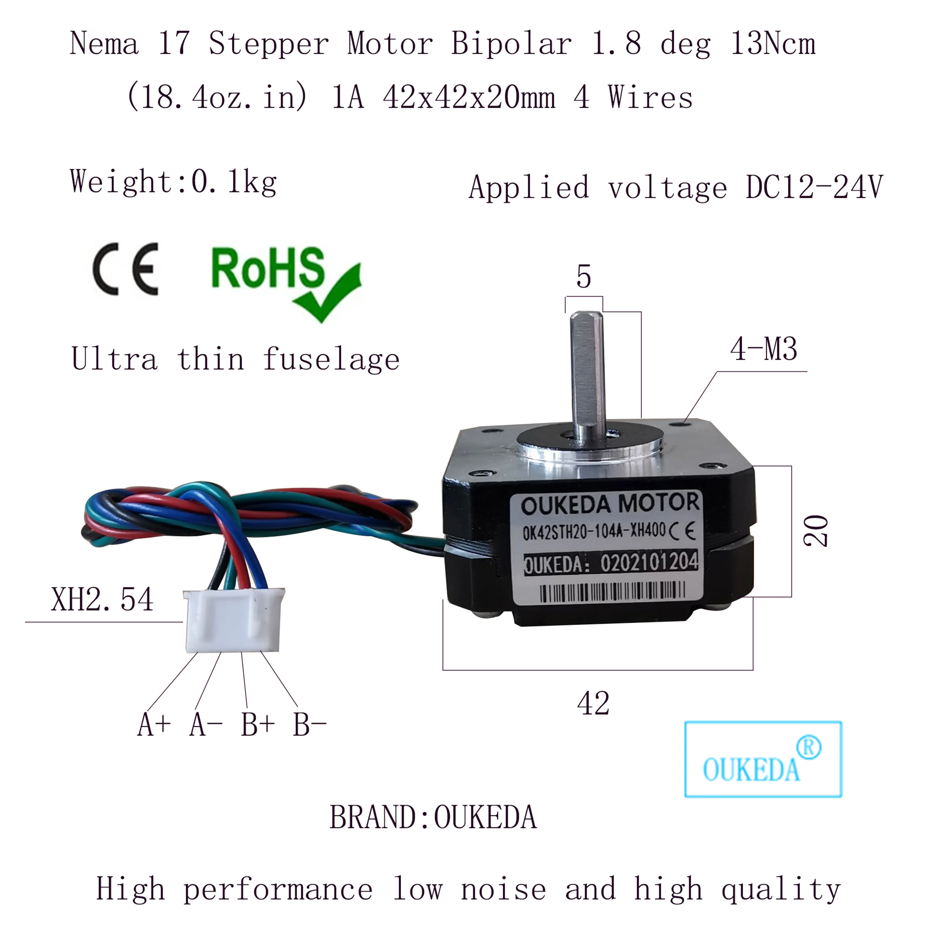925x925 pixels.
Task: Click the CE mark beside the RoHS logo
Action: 125,269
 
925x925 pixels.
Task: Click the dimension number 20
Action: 815,530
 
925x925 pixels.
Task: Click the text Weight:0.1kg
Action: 173,182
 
